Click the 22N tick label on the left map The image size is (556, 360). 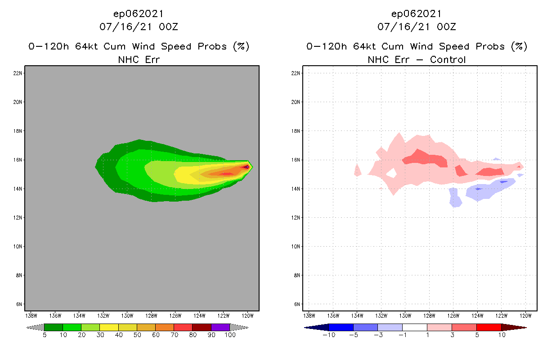[19, 73]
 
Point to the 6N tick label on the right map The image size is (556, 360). [297, 304]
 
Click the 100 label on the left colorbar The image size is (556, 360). [230, 335]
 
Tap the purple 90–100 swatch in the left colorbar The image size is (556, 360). [220, 327]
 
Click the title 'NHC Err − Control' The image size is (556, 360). [417, 59]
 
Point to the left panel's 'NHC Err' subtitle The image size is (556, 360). [139, 59]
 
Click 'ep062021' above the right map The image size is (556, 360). [417, 14]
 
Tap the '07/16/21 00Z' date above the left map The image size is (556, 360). [139, 27]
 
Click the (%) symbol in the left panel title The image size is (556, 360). [241, 46]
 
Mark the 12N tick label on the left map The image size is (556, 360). [19, 217]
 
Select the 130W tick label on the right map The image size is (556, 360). [405, 315]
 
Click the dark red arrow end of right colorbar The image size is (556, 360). [513, 327]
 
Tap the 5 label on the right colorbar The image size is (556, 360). [476, 335]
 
